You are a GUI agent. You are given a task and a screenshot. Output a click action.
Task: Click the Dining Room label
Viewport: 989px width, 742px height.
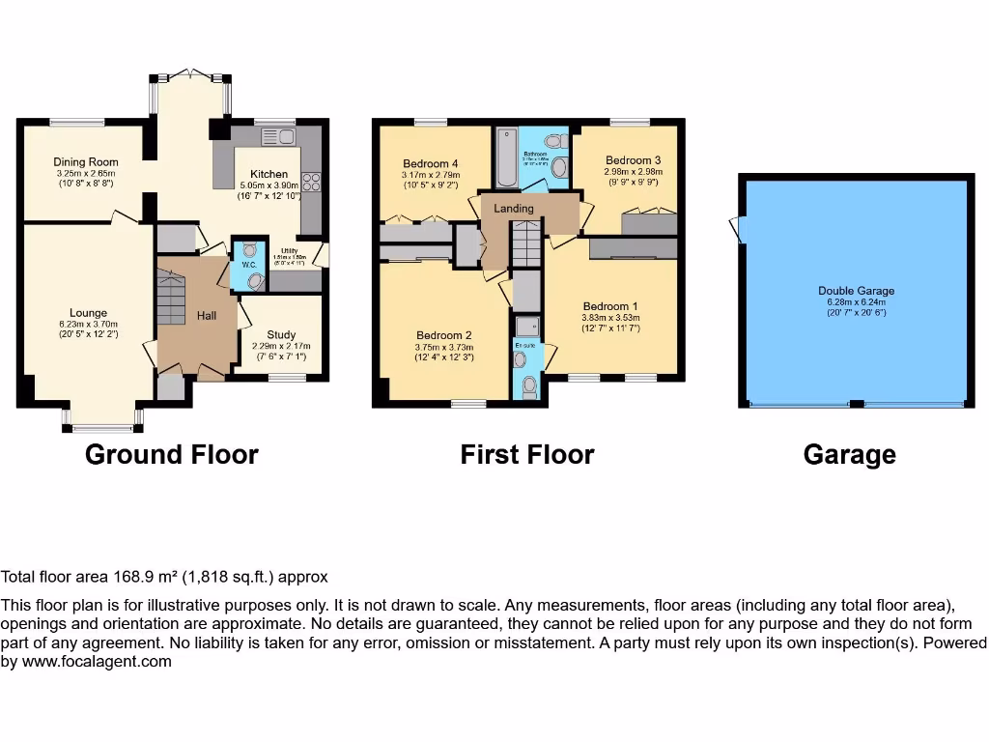tap(86, 161)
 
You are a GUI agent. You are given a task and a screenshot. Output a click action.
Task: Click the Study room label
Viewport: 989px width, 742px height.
tap(282, 334)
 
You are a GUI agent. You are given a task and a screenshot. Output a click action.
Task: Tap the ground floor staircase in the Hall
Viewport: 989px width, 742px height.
tap(170, 299)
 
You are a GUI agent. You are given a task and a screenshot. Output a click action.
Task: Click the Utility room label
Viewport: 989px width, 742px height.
tap(289, 251)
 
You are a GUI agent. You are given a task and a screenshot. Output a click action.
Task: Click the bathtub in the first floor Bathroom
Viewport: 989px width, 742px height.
tap(506, 159)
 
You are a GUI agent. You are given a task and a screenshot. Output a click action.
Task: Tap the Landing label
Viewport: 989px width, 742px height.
tap(514, 209)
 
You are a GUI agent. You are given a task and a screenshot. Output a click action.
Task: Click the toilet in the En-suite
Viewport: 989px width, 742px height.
tap(528, 387)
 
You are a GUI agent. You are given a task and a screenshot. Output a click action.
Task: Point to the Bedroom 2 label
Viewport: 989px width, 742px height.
tap(444, 335)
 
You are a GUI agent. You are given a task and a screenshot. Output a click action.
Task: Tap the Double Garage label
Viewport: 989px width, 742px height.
tap(856, 290)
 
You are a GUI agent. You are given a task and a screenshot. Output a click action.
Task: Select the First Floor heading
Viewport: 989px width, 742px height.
tap(526, 454)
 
